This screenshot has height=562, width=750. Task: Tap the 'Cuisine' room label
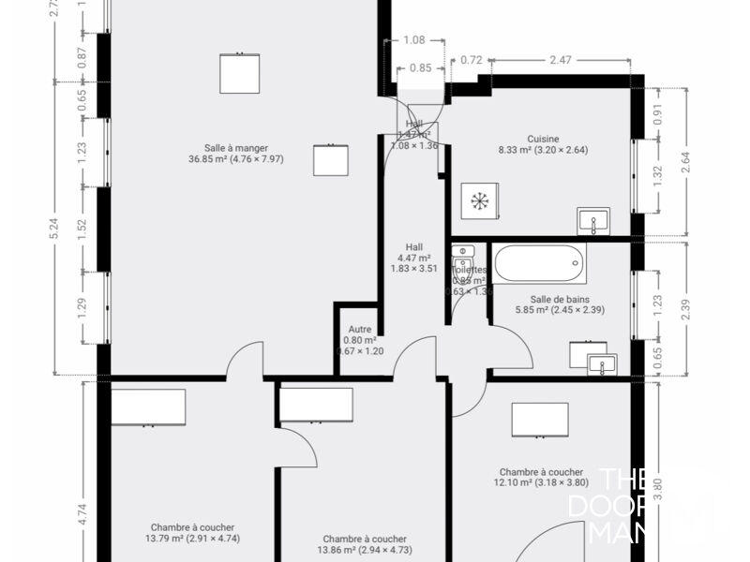tap(543, 139)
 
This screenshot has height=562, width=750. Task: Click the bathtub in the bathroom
tap(539, 263)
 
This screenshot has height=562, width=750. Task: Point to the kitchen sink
tap(592, 222)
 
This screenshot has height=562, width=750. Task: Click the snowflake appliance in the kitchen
tap(480, 201)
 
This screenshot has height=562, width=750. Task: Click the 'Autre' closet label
tap(360, 331)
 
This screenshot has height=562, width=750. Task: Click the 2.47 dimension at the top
tap(560, 61)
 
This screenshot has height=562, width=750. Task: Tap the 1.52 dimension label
tap(82, 229)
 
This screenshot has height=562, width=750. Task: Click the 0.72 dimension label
tap(472, 61)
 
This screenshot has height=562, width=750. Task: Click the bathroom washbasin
tap(600, 363)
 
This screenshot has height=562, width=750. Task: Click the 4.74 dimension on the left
tap(82, 513)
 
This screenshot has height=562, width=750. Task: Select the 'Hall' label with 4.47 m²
tap(413, 247)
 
